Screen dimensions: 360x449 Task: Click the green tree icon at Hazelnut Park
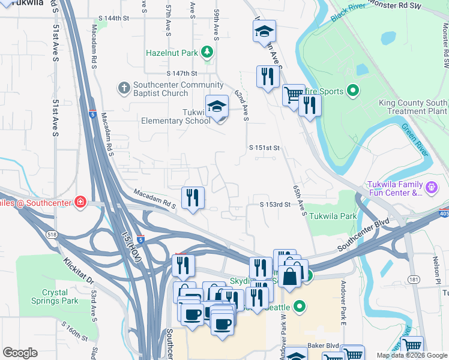pos(207,53)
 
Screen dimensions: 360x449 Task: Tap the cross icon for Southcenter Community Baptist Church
pos(124,88)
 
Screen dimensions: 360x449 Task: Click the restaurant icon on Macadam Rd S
pos(193,197)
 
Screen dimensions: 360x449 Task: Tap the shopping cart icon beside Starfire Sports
pos(293,95)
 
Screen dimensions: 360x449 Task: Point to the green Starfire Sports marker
pos(353,91)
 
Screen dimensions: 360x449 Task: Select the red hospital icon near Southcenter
pos(80,202)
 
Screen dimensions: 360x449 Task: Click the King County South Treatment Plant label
pos(413,107)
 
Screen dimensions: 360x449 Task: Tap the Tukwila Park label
pos(332,216)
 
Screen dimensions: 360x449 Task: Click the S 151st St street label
pos(265,148)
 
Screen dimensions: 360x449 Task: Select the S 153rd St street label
pos(275,205)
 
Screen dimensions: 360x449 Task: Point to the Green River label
pos(414,137)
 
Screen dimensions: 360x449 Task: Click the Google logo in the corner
pos(20,353)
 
